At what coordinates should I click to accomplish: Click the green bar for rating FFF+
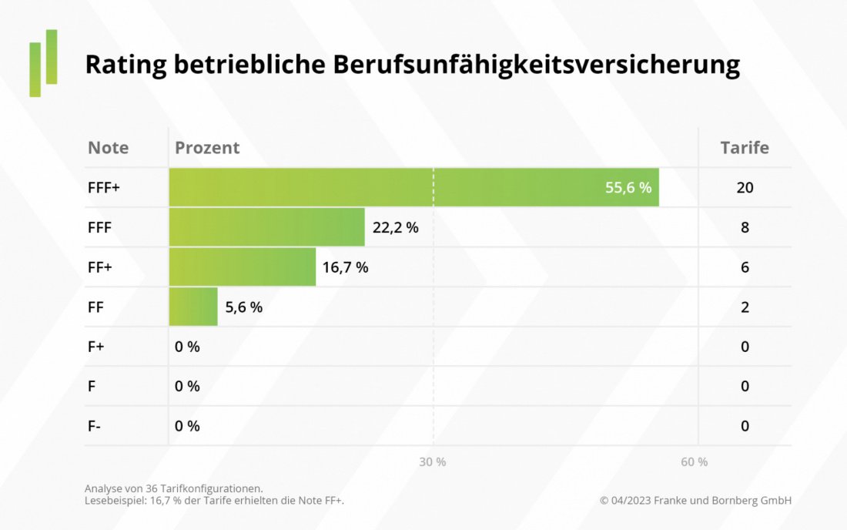(x=385, y=187)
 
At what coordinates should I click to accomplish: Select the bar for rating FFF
(x=266, y=227)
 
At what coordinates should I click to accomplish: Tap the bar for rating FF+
(x=242, y=267)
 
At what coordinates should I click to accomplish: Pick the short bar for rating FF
(x=193, y=307)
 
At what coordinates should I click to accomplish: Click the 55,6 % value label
(x=628, y=187)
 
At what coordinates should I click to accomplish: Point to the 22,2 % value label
(x=396, y=227)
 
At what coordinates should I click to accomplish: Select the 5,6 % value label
(x=243, y=307)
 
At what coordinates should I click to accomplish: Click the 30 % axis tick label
(x=433, y=461)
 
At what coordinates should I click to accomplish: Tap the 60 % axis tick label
(x=695, y=461)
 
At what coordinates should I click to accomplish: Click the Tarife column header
(x=744, y=147)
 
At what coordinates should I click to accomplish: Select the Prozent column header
(x=207, y=147)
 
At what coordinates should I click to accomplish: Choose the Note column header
(x=108, y=147)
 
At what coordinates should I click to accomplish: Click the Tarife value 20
(x=745, y=187)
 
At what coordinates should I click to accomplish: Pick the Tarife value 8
(x=745, y=227)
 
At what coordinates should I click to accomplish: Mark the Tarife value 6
(x=745, y=267)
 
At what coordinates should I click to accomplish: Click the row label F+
(x=95, y=347)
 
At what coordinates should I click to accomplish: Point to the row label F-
(x=94, y=426)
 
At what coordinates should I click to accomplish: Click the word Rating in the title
(x=126, y=65)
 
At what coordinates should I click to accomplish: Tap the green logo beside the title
(x=44, y=62)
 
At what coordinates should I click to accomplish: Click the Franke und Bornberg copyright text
(x=695, y=501)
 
